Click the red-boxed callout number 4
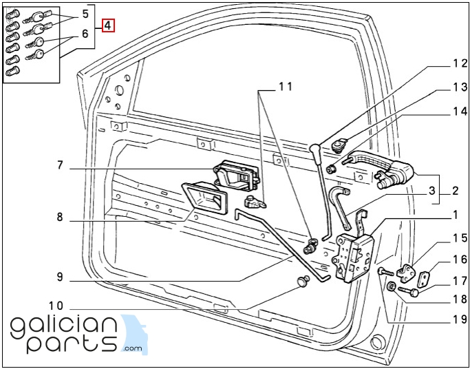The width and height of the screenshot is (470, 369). pos(108,25)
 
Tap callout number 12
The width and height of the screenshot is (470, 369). pos(459,63)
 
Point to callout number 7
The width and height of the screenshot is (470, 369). pos(59,165)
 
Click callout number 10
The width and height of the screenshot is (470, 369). pos(56,306)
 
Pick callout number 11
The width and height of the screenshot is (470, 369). pos(285,87)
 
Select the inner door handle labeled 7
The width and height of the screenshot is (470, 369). pos(237,176)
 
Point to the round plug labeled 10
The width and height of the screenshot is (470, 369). pos(303,282)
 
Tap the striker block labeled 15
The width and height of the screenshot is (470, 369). pos(406,273)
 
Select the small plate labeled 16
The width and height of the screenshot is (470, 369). pos(423,279)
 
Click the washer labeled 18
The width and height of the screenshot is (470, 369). pos(391,286)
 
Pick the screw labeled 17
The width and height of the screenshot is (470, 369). pos(408,291)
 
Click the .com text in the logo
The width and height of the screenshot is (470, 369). pos(132,348)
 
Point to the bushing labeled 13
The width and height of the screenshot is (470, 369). pos(332,169)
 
